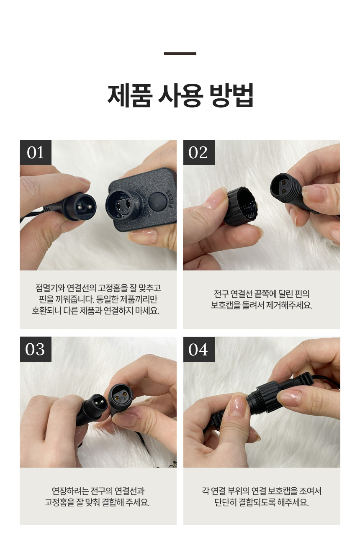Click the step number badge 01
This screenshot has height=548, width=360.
coord(36,152)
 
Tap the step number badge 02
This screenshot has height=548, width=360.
coord(199,152)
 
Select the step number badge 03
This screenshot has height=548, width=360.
coord(36,349)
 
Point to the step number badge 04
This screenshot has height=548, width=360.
coord(199,349)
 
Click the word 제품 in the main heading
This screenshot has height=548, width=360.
coord(129,95)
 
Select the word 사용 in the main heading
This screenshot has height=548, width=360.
coord(180,95)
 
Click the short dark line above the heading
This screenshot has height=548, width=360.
coord(180,53)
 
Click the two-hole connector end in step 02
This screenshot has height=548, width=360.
coord(286,188)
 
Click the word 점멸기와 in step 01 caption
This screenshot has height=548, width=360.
coord(50,288)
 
